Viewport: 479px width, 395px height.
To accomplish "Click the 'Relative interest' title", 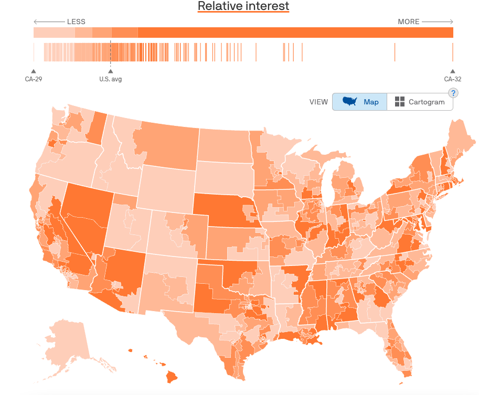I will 243,6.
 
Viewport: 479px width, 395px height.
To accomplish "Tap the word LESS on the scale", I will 76,22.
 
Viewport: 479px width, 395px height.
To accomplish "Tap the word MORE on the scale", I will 408,22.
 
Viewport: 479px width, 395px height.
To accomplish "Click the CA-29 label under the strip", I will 34,79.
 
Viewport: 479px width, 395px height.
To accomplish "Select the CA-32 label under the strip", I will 452,79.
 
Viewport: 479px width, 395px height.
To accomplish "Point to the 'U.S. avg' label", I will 110,79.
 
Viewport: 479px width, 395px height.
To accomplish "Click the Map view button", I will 360,102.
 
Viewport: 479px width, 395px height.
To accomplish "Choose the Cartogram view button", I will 420,102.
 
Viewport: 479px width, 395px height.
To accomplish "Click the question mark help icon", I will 453,93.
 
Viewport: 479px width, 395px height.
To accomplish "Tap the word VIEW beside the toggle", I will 318,102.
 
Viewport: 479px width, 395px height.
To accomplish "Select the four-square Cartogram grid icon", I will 400,102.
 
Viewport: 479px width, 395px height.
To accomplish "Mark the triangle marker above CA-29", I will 34,71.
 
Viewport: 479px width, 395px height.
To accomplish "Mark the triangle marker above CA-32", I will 452,71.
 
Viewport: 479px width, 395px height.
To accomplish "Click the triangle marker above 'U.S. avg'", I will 110,71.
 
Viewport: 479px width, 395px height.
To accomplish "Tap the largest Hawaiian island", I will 172,376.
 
